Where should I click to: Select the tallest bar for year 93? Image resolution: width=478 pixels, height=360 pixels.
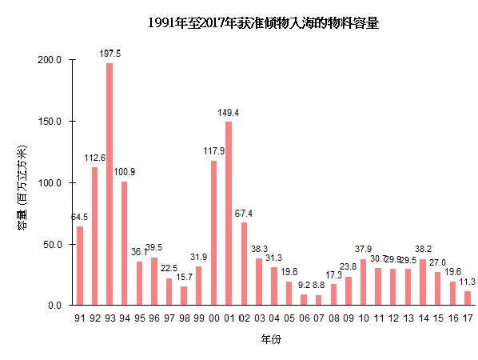pos(110,184)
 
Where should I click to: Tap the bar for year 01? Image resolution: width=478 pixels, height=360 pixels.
pos(229,213)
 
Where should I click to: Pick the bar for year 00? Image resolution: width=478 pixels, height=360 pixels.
pos(213,233)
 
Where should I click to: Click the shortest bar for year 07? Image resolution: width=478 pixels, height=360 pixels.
pos(318,300)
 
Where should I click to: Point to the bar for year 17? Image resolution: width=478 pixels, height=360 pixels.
pos(468,298)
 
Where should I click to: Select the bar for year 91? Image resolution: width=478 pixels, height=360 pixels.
pos(80,266)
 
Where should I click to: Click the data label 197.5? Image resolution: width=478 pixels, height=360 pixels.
pos(110,54)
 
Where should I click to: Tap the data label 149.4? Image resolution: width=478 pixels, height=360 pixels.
pos(229,113)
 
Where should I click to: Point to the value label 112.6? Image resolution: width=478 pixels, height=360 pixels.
pos(94,158)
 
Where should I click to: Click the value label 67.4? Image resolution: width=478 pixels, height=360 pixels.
pos(244,214)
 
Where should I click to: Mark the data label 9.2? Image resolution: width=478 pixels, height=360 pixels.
pos(303,285)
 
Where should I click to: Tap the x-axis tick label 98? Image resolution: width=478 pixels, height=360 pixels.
pos(184,318)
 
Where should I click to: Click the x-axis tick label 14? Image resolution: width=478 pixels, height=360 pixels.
pos(423,318)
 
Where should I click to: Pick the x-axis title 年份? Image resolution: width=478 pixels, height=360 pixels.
pos(270,339)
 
